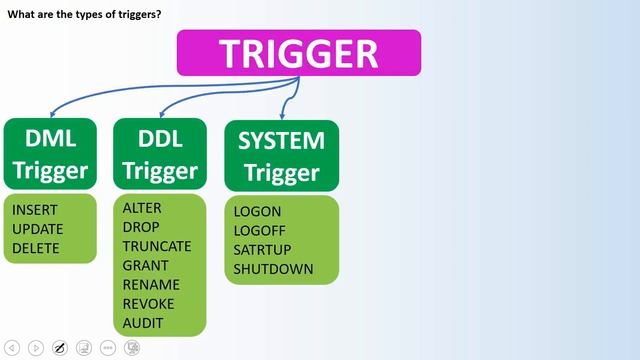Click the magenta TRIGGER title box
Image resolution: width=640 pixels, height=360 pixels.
pos(299,53)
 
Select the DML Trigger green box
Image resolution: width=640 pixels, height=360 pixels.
pos(49,154)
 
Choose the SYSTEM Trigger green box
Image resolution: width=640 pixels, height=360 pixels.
pos(281,155)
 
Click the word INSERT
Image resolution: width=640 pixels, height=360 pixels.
pos(35,210)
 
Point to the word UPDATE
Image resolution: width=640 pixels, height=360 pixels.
pos(37,229)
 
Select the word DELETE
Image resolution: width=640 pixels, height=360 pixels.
pos(36,248)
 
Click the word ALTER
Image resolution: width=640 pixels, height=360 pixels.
pos(142,208)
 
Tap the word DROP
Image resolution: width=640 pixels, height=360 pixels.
pos(141,227)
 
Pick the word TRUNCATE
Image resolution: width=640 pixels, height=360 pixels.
pos(157,246)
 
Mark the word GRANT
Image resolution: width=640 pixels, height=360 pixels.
pos(146,266)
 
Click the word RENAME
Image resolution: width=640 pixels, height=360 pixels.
pos(149,285)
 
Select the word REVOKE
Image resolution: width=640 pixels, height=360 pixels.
pos(148,304)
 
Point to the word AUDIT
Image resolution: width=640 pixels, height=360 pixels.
pos(143,323)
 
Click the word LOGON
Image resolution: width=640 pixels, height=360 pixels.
pos(257,212)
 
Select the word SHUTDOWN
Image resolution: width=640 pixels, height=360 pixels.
pos(273,269)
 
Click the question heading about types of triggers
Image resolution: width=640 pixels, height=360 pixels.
pos(85,13)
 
